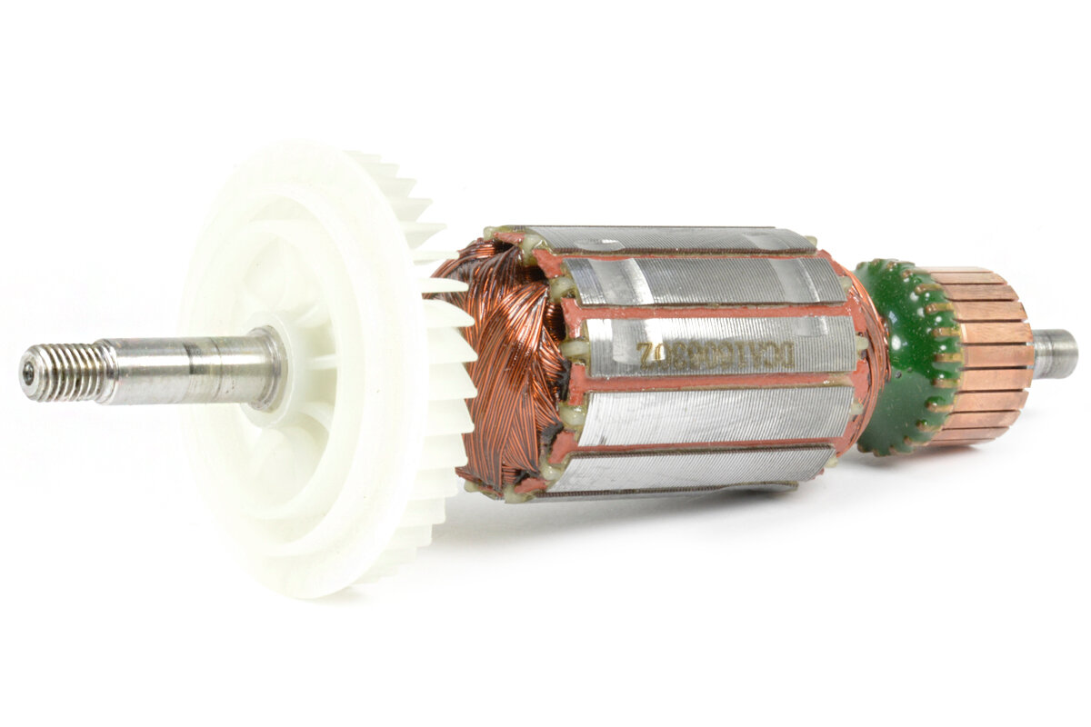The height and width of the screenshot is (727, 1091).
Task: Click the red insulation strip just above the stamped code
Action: (x=709, y=309)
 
